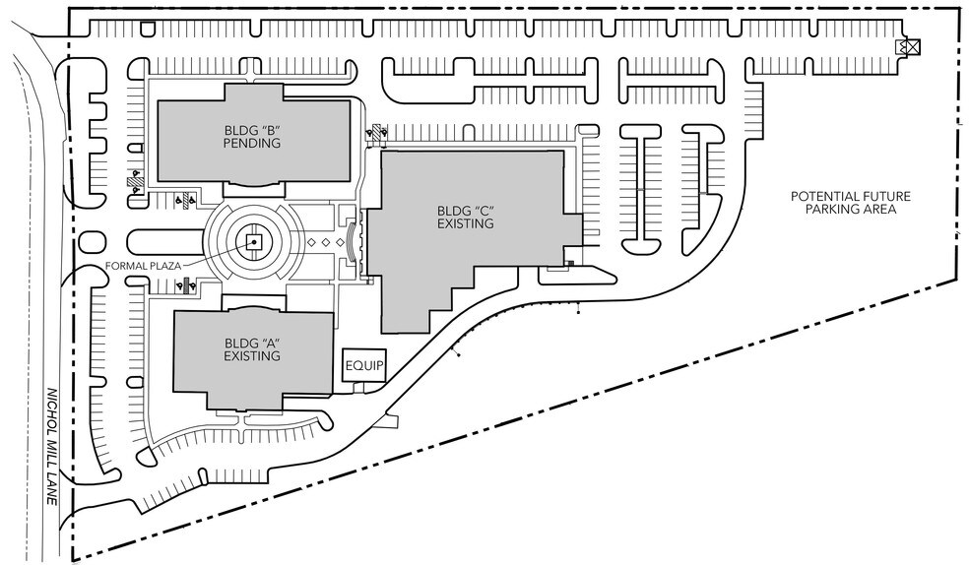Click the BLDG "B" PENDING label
click(253, 136)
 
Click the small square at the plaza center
click(254, 240)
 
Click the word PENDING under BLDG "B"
click(253, 143)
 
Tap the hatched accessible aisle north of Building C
click(376, 132)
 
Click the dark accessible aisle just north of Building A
click(183, 285)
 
